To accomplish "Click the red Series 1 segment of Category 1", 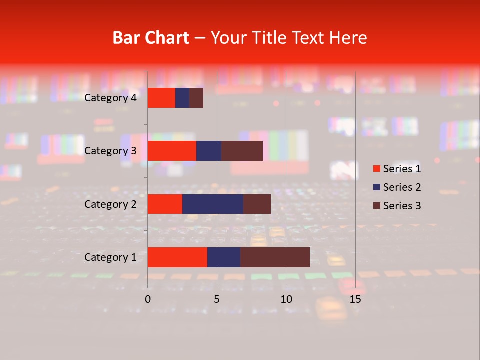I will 177,257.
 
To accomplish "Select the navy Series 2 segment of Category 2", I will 213,204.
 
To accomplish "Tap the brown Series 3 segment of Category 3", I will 242,151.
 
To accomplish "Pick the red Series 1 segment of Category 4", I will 161,98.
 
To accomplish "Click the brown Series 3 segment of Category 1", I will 275,257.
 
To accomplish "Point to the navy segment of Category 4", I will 182,98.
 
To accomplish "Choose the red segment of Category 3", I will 172,151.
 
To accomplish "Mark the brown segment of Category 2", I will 257,204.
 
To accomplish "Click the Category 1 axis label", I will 110,257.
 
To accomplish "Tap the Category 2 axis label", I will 110,204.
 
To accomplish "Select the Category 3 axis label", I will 110,151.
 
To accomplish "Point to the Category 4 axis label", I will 110,98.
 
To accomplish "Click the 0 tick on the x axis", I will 148,299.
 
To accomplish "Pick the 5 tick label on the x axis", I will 217,299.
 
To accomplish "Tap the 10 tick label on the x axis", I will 286,299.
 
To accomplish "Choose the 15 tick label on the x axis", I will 355,299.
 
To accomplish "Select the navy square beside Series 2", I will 377,187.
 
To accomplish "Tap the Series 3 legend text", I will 402,206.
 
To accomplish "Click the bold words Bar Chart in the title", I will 151,38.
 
